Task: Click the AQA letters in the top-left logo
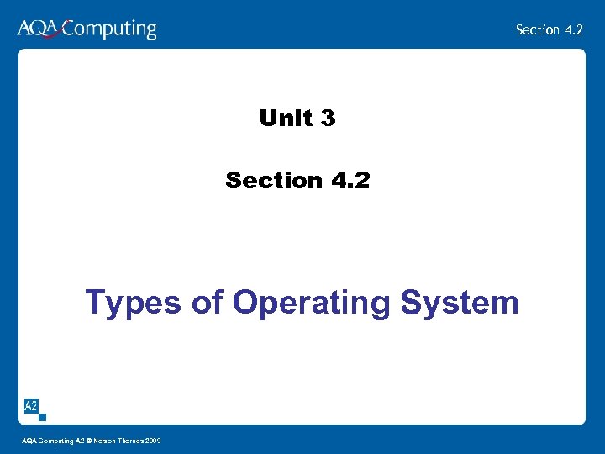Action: click(38, 29)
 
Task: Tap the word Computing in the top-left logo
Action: click(109, 30)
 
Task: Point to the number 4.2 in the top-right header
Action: click(573, 29)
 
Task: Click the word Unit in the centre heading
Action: click(285, 119)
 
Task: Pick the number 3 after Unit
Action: click(328, 119)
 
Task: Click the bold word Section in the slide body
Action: click(274, 180)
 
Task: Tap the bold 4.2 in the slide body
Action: click(350, 180)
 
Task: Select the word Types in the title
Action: click(134, 303)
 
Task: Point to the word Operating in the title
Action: click(312, 304)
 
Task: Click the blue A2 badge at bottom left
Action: click(30, 406)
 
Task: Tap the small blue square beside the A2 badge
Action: click(43, 416)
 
